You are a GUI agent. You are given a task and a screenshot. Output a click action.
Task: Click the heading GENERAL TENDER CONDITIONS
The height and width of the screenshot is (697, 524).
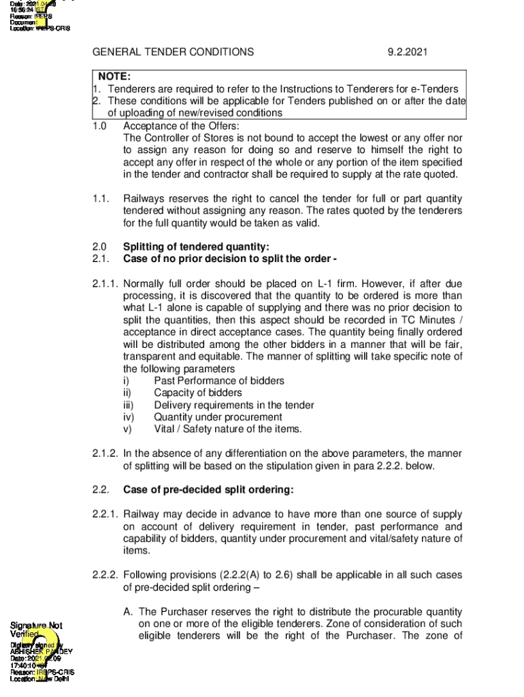[x=173, y=52]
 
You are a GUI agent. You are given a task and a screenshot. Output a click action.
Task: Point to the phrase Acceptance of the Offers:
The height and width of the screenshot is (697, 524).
[x=181, y=126]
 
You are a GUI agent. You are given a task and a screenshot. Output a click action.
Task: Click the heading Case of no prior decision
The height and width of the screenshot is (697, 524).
[x=230, y=259]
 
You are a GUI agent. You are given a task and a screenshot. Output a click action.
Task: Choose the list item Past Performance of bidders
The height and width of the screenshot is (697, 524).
[x=219, y=381]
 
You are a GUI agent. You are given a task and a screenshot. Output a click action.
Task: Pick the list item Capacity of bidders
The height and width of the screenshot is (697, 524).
[x=197, y=393]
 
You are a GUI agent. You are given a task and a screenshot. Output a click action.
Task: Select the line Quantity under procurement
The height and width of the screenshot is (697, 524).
[x=218, y=417]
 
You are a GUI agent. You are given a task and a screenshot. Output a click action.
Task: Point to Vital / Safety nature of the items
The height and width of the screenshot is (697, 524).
[x=227, y=429]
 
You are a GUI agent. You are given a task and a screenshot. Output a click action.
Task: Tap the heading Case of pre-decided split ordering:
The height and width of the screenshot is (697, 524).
[x=208, y=490]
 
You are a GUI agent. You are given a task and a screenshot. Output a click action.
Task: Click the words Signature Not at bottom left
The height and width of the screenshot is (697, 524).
[x=36, y=625]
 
